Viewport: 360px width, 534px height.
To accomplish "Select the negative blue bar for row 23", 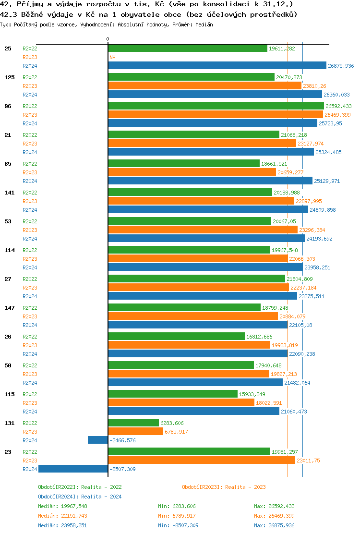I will (73, 469).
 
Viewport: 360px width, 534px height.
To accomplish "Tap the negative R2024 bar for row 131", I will (98, 440).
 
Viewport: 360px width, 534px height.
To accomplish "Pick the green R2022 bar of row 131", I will (133, 423).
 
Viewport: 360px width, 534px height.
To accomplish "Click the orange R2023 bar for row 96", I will (216, 115).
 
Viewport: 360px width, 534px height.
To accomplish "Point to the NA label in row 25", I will (113, 57).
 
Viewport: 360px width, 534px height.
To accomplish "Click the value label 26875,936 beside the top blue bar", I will (340, 66).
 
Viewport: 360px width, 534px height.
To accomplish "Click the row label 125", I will (9, 77).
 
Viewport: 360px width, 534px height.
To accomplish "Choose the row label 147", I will (9, 308).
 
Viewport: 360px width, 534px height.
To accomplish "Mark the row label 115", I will (9, 394).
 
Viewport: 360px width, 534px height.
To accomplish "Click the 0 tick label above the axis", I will (108, 39).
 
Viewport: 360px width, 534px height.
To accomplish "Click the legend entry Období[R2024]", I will (59, 497).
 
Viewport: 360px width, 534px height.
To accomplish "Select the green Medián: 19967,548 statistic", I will (62, 506).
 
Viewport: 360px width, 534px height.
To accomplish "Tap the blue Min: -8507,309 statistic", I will (178, 525).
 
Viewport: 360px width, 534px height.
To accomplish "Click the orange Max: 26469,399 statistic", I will (274, 516).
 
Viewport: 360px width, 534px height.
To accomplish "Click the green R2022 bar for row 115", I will (173, 394).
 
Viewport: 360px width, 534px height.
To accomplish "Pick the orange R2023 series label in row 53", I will (30, 230).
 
